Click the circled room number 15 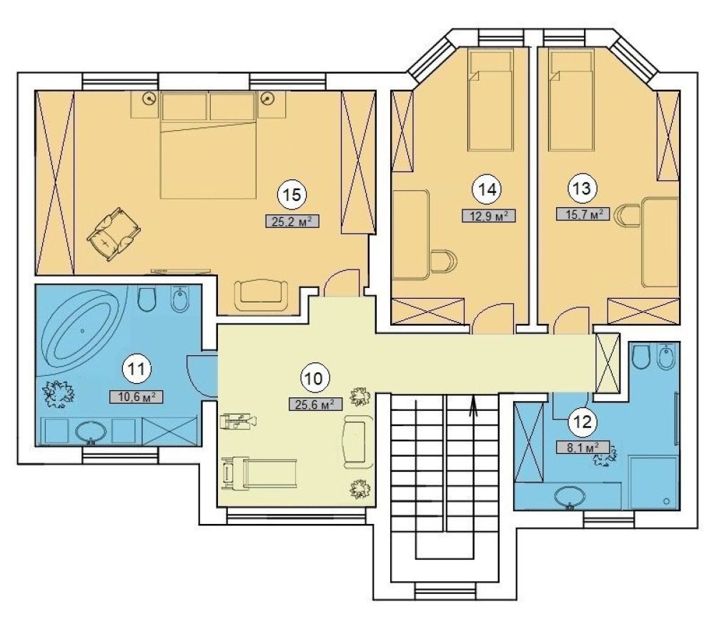[x=292, y=194]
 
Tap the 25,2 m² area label [x=292, y=222]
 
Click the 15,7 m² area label [x=583, y=214]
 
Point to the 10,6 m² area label [x=136, y=397]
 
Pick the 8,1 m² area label [x=583, y=447]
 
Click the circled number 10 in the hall [x=314, y=378]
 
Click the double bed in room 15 [x=209, y=145]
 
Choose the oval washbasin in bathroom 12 [x=570, y=497]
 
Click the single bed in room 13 [x=572, y=100]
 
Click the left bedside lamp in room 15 [x=149, y=97]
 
